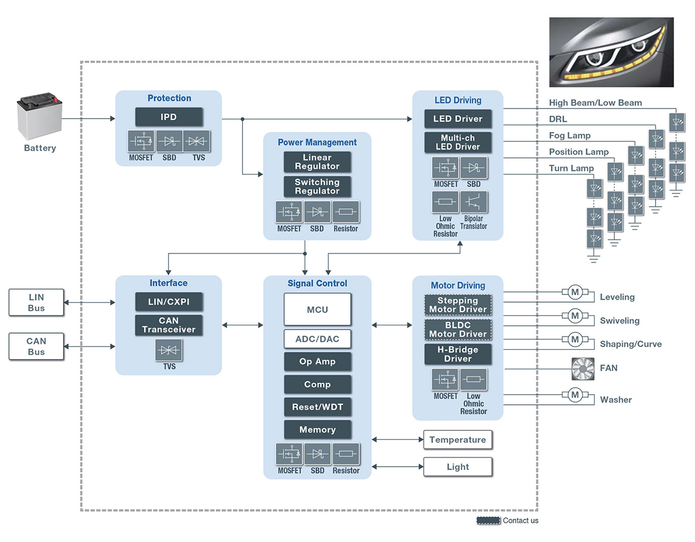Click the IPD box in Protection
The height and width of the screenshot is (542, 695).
click(169, 117)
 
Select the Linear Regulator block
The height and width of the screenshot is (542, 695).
click(317, 162)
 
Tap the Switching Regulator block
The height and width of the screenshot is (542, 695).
click(317, 186)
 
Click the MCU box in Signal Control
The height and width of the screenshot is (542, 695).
click(317, 309)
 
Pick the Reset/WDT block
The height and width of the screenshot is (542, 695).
click(317, 407)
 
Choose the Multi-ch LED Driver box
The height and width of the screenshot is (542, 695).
click(458, 142)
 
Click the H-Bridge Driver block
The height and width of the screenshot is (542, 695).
click(458, 354)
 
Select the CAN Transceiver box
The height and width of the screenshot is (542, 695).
click(169, 325)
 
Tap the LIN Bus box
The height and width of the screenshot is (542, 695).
click(36, 302)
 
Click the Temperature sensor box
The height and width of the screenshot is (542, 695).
click(458, 440)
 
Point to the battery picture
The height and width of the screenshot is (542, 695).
click(39, 116)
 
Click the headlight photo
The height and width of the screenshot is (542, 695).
click(611, 52)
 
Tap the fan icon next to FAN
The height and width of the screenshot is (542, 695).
click(583, 369)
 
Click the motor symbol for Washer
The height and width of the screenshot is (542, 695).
click(575, 395)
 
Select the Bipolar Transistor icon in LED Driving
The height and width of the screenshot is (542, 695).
click(474, 202)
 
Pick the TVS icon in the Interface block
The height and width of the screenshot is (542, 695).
click(169, 350)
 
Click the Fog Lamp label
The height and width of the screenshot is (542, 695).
click(570, 135)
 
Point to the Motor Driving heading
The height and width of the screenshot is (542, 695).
click(458, 286)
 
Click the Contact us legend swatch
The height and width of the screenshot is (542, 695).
click(488, 521)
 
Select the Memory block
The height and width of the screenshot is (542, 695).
click(317, 430)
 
